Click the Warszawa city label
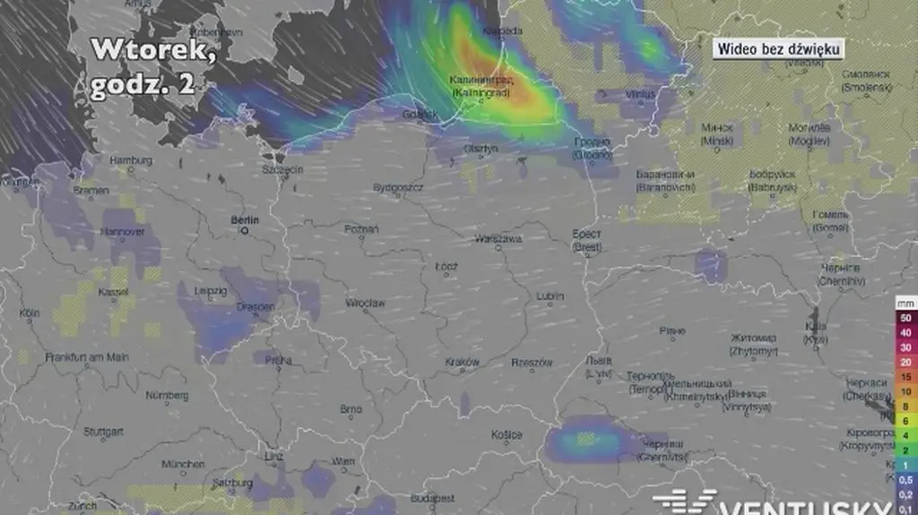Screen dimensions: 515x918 coord(498,239)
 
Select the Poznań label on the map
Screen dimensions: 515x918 coord(361,229)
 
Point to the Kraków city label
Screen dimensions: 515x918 coord(463,362)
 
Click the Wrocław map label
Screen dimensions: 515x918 coord(365,304)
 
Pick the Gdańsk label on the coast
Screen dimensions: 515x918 coord(420,115)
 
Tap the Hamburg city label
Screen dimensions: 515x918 coord(130,160)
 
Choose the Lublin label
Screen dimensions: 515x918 coord(550,296)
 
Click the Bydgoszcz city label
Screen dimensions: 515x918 coord(399,187)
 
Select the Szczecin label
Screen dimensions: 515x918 coord(282,169)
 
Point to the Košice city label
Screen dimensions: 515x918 coord(507,434)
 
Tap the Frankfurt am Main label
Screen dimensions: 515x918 coord(87,356)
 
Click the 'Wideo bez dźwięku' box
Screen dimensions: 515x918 coord(778,50)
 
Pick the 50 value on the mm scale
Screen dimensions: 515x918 coord(905,318)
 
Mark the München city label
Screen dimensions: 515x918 coord(183,464)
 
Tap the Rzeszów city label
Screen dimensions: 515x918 coord(531,363)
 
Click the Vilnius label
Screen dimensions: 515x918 coord(641,94)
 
